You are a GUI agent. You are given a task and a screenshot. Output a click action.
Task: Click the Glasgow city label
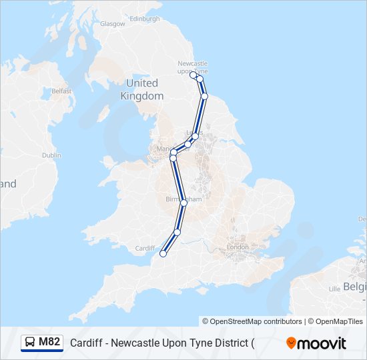pyautogui.click(x=112, y=23)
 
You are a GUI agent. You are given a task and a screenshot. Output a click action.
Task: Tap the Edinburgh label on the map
pyautogui.click(x=145, y=19)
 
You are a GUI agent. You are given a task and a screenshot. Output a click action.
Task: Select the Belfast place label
pyautogui.click(x=61, y=91)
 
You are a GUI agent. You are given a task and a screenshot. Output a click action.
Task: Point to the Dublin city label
pyautogui.click(x=51, y=155)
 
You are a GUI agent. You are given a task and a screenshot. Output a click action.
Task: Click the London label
pyautogui.click(x=238, y=247)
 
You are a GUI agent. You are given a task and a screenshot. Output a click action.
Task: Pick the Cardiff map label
pyautogui.click(x=145, y=248)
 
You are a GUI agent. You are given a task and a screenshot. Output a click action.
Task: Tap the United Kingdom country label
pyautogui.click(x=142, y=89)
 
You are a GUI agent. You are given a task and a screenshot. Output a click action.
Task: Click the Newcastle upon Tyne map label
pyautogui.click(x=193, y=67)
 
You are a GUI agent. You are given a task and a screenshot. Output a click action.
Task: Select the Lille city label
pyautogui.click(x=334, y=289)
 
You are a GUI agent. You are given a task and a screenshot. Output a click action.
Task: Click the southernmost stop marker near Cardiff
pyautogui.click(x=163, y=253)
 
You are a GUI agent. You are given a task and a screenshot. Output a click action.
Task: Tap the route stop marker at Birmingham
pyautogui.click(x=183, y=203)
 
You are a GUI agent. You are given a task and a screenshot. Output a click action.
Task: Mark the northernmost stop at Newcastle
pyautogui.click(x=194, y=75)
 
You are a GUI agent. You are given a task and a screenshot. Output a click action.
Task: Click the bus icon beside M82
pyautogui.click(x=31, y=343)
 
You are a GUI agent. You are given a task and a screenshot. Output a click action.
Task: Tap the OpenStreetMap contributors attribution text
pyautogui.click(x=252, y=321)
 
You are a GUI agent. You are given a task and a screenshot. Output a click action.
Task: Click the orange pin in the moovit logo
pyautogui.click(x=291, y=343)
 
